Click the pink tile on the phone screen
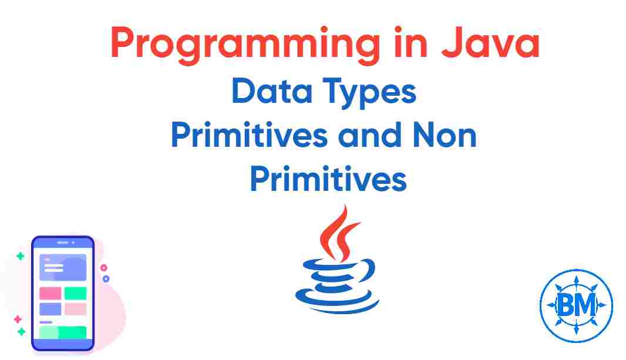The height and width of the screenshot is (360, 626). [x=50, y=293]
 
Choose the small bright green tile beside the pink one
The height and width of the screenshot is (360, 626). [x=75, y=293]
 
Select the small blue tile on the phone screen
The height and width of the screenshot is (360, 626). [x=50, y=309]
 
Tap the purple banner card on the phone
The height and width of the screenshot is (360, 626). [x=63, y=267]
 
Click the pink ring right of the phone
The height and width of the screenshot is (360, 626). [x=104, y=268]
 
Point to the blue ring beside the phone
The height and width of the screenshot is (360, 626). [x=106, y=279]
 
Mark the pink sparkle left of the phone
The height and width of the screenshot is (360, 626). [x=18, y=319]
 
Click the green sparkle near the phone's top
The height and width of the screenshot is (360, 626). [x=20, y=256]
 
